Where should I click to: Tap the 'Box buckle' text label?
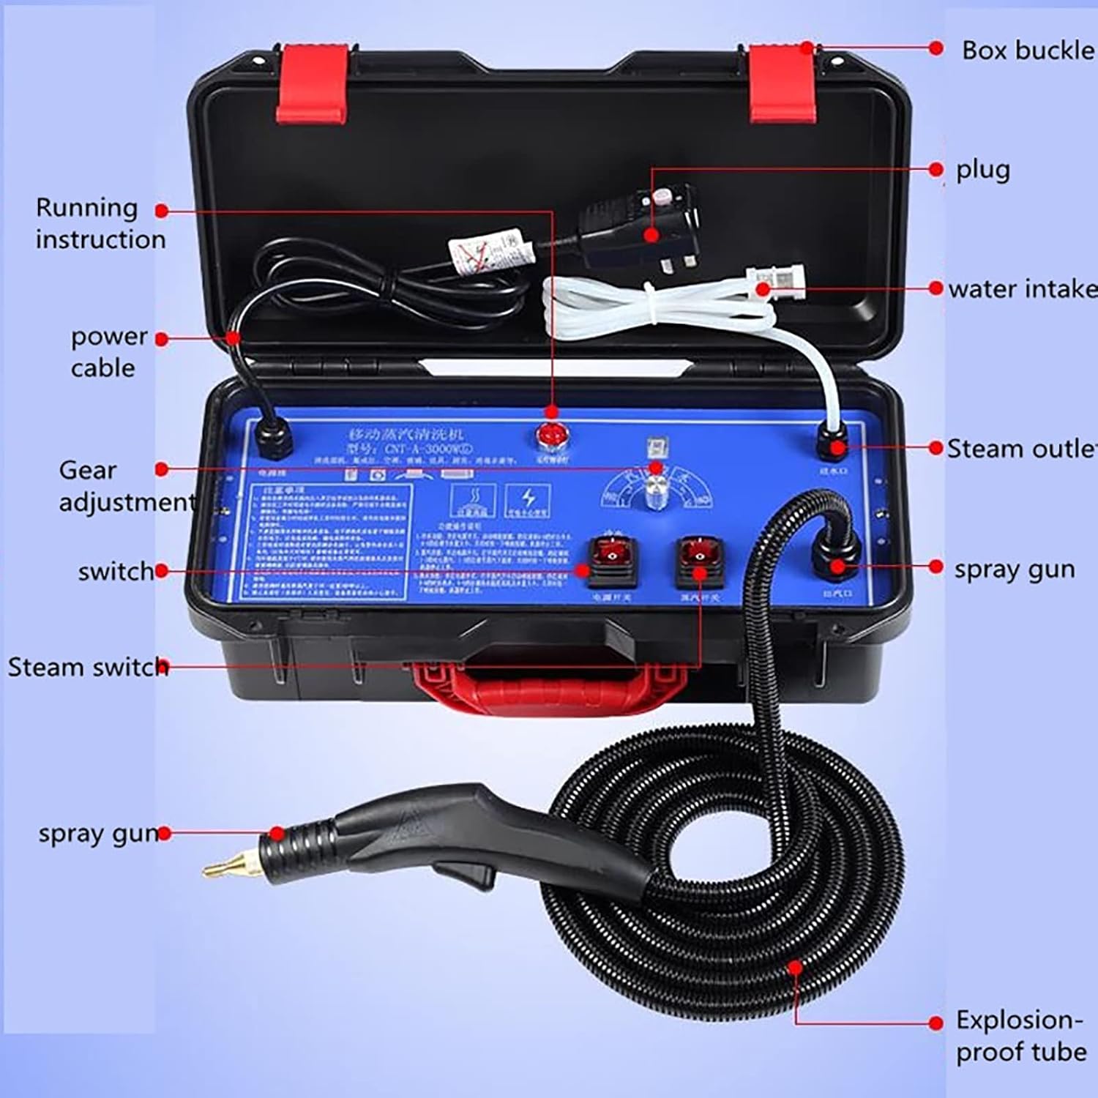point(1027,51)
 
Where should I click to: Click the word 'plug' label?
point(982,170)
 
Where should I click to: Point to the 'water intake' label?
point(1022,289)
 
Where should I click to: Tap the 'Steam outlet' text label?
point(1022,449)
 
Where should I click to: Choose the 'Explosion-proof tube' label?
point(1020,1036)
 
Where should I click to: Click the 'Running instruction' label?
point(100,223)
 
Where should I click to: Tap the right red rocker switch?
point(698,559)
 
